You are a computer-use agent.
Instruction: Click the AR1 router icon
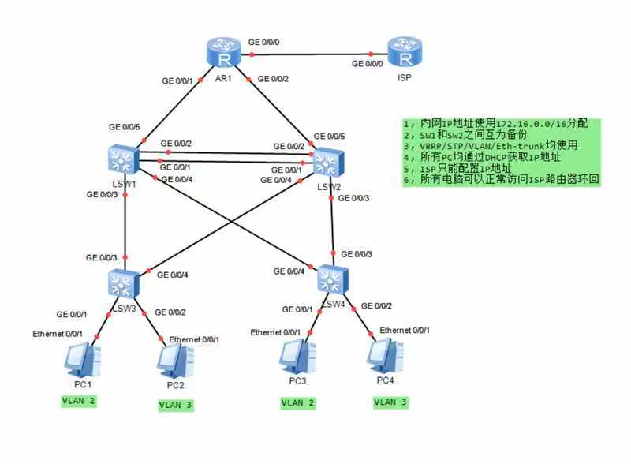click(224, 53)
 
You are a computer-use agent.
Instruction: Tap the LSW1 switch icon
click(123, 160)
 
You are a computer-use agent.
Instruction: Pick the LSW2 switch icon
click(328, 163)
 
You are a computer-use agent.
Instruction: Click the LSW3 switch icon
click(123, 282)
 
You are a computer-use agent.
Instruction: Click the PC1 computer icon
click(82, 361)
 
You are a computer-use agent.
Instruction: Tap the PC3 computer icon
click(297, 357)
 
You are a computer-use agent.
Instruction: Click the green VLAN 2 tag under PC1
click(79, 401)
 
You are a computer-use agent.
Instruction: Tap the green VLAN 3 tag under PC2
click(176, 405)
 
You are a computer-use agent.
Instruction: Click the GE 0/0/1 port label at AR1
click(177, 80)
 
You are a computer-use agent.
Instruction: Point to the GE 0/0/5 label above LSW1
click(124, 127)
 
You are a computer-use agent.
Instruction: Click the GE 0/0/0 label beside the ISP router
click(368, 64)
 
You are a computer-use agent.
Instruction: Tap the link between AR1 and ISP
click(315, 54)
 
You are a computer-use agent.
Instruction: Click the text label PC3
click(297, 380)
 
